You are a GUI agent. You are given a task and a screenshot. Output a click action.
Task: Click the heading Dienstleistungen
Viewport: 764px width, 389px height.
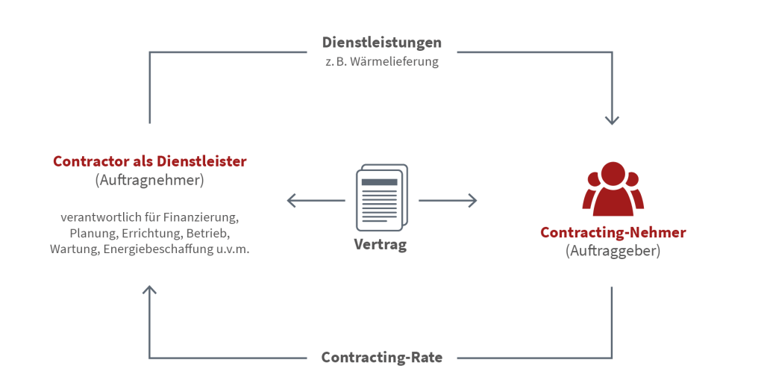(381, 43)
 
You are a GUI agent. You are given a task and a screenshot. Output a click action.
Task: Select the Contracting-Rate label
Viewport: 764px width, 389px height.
(381, 357)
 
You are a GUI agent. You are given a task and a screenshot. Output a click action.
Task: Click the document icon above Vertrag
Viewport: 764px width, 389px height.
(381, 197)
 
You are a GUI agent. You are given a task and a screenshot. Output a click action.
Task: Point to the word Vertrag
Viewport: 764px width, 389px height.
(381, 244)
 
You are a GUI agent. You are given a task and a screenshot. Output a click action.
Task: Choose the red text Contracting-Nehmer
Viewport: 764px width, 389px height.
(613, 232)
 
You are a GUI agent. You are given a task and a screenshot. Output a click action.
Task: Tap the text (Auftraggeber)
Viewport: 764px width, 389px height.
(613, 251)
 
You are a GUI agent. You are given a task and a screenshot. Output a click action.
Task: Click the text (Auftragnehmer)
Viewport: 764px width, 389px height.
(149, 180)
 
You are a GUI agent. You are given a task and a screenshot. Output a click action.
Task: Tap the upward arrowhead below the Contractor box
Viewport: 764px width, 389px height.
(150, 288)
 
